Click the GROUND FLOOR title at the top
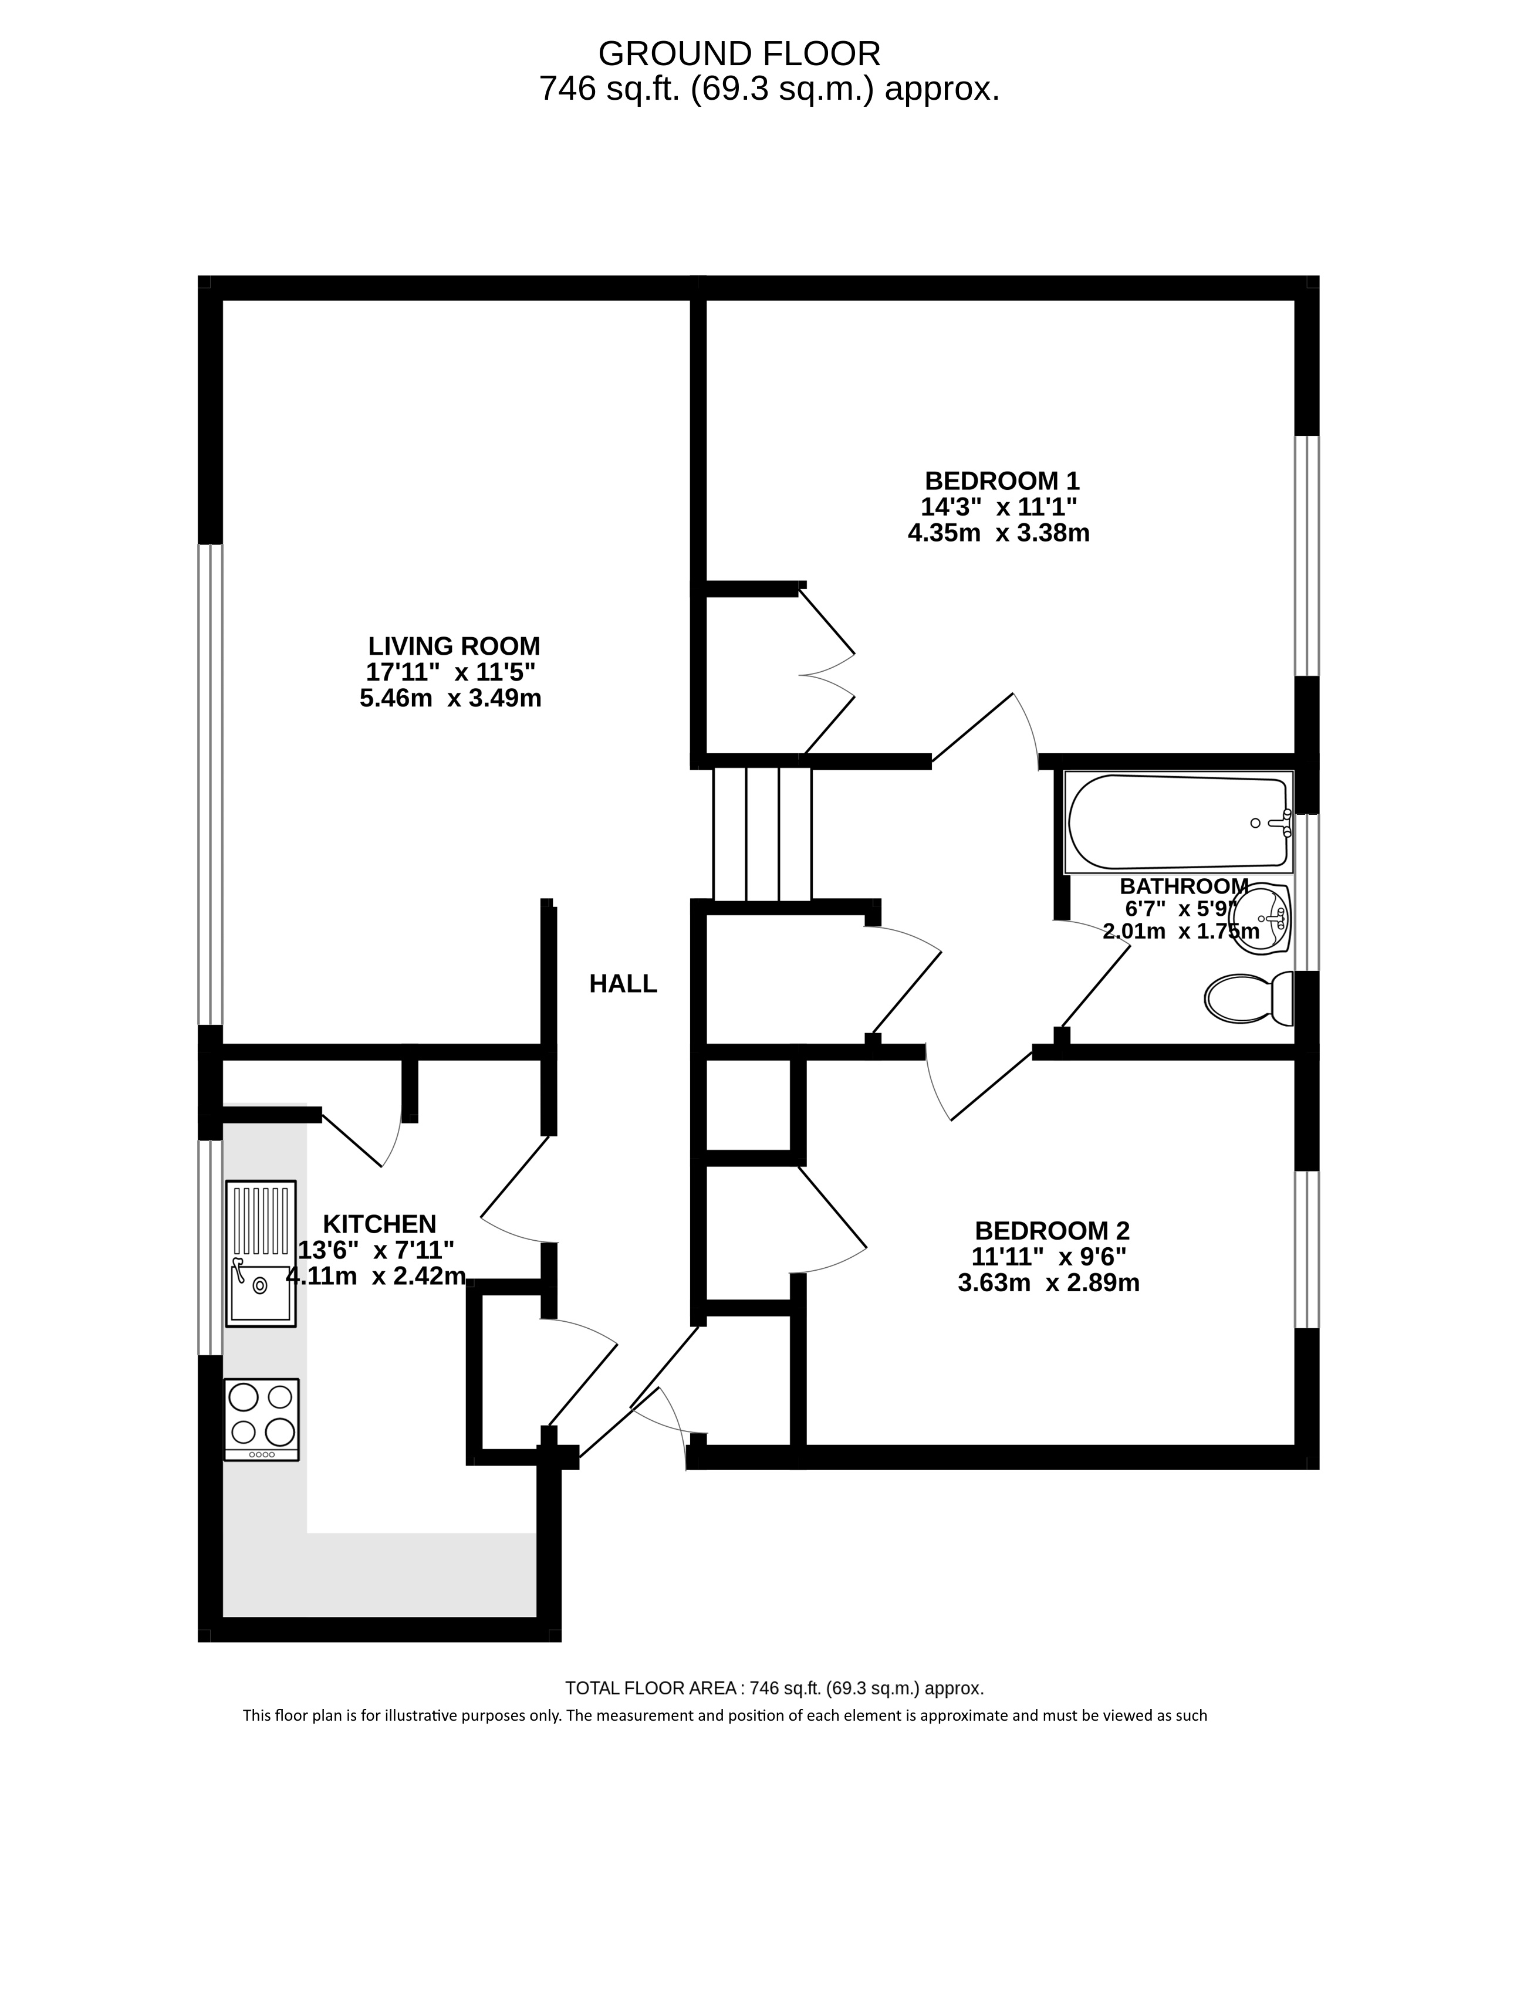(x=739, y=54)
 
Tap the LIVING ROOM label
(x=454, y=647)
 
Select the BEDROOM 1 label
(x=1002, y=480)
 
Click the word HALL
(x=623, y=984)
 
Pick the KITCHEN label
(x=380, y=1224)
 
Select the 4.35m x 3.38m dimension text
(x=999, y=533)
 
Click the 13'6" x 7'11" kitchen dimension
(x=377, y=1250)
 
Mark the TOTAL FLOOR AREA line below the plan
(x=775, y=1688)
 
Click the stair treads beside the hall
(x=763, y=834)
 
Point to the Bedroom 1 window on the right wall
(x=1306, y=556)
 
